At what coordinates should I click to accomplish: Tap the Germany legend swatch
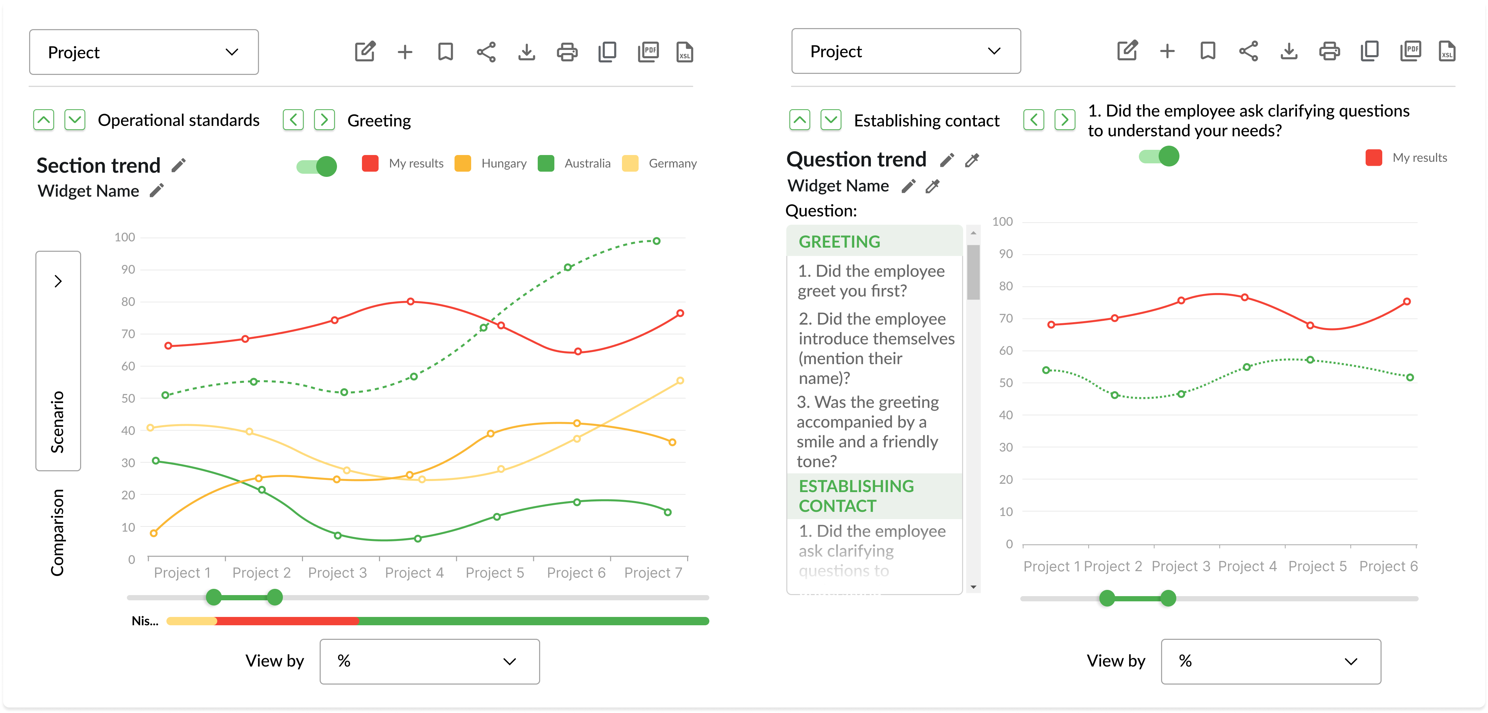630,164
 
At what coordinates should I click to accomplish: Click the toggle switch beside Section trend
317,166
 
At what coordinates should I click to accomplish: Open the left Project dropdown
144,52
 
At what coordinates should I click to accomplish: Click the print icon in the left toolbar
566,52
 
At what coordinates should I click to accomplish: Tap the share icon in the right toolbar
1248,51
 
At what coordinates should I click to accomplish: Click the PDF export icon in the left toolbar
648,52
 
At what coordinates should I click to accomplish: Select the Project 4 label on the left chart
414,573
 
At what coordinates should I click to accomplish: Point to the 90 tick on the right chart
1006,254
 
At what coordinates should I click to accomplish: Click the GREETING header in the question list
839,241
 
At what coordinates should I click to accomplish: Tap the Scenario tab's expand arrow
58,281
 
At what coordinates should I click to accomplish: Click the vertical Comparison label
57,532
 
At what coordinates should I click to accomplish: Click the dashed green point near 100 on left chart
656,241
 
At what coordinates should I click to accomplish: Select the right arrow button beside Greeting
324,120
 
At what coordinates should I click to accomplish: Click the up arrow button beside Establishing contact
799,120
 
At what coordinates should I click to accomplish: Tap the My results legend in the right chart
1419,158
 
